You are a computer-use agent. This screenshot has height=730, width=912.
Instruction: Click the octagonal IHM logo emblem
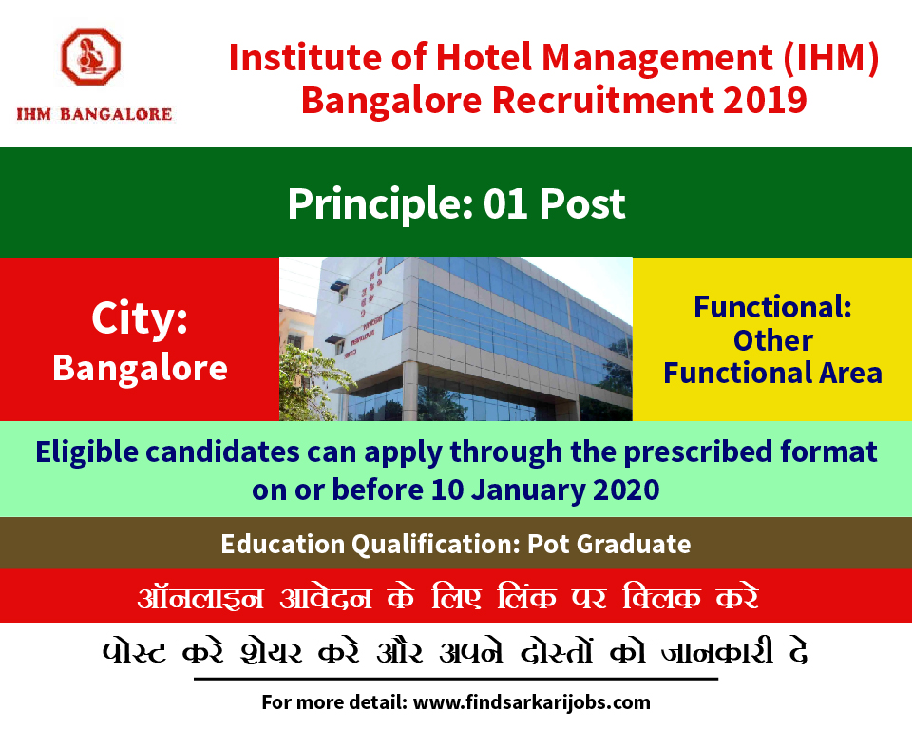coord(91,56)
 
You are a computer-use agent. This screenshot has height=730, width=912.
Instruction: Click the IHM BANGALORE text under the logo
coord(94,114)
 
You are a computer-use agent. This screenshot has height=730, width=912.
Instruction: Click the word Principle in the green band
coord(380,205)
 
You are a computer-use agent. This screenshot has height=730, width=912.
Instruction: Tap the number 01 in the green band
coord(505,204)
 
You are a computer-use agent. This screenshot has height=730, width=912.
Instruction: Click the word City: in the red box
coord(140,319)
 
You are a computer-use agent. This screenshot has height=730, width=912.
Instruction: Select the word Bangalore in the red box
coord(140,369)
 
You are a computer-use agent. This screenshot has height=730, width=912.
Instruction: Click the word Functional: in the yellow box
coord(772,307)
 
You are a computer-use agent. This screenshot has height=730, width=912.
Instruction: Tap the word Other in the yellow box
coord(773,340)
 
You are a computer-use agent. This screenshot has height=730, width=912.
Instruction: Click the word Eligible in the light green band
coord(86,452)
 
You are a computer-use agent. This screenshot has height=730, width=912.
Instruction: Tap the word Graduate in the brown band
coord(634,545)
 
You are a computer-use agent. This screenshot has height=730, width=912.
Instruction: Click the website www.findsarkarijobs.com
coord(532,702)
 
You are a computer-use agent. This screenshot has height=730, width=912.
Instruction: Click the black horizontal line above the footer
coord(456,679)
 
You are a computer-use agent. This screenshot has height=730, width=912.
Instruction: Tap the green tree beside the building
coord(312,384)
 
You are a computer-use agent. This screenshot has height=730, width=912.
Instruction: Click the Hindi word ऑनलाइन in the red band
coord(200,597)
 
